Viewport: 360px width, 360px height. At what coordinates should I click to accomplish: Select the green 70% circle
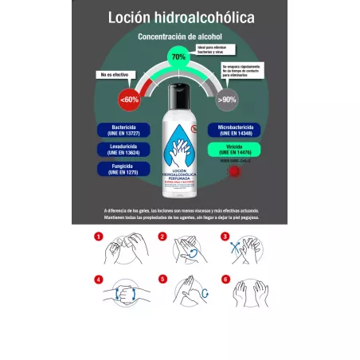178,57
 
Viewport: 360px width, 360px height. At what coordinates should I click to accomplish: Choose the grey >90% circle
229,100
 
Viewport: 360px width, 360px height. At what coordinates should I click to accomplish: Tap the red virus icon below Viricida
234,172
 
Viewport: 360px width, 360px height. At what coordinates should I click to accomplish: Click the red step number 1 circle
99,237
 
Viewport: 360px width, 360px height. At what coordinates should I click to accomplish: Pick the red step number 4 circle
99,280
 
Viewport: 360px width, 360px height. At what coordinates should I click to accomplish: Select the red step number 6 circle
225,280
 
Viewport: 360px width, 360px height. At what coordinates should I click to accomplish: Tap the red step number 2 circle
162,237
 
